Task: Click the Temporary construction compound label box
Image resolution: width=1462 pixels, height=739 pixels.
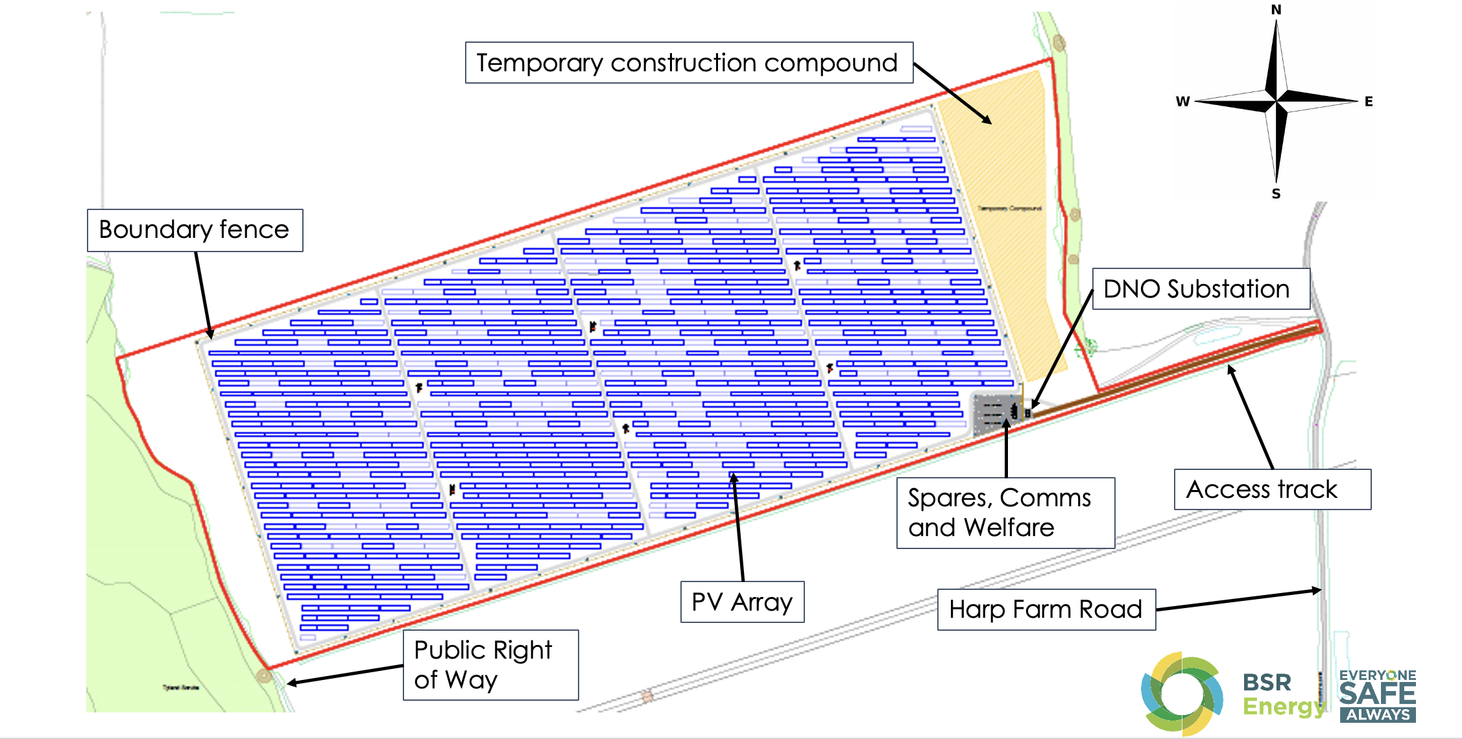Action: (689, 63)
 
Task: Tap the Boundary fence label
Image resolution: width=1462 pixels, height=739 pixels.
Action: (195, 230)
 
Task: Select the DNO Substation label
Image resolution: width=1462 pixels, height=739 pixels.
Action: (1201, 289)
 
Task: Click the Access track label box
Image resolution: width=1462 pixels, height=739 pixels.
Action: (1272, 489)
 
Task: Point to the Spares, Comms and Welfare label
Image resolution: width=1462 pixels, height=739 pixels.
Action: (1005, 513)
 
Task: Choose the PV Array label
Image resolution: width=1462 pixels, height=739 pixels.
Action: (742, 602)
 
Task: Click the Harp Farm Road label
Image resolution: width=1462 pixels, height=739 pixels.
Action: (1046, 609)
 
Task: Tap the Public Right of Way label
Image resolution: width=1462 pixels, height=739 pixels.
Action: (490, 664)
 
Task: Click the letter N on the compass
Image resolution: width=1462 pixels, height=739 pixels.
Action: (1276, 10)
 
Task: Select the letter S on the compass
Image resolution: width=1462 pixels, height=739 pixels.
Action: (1276, 194)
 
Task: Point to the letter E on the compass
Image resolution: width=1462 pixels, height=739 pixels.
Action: (1369, 102)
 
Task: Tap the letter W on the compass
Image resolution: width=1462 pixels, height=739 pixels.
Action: (1182, 102)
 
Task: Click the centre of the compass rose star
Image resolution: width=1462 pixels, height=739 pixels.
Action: (1276, 102)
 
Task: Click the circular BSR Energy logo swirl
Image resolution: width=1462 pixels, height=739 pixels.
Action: (1182, 694)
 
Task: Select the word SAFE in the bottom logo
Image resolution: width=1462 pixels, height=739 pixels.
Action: (1377, 694)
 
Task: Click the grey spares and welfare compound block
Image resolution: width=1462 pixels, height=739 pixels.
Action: (994, 413)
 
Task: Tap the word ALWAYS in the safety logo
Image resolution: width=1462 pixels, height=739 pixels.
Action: (1378, 715)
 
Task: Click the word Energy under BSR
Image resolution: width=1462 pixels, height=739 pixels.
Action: (1283, 706)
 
